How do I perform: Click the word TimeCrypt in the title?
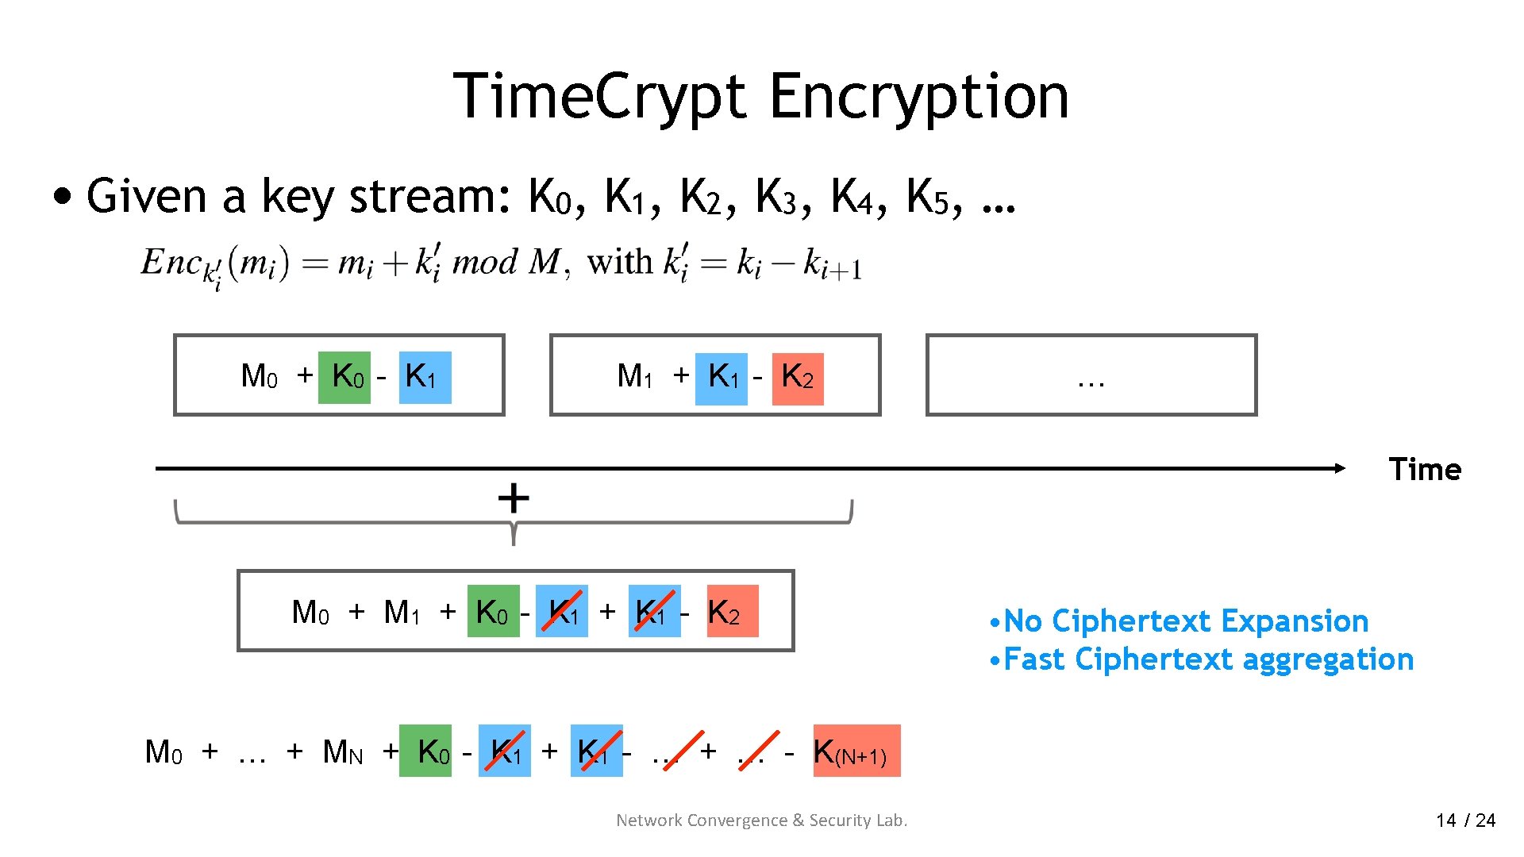click(x=599, y=97)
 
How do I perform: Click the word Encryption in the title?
click(x=918, y=97)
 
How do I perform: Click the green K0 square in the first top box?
click(x=344, y=377)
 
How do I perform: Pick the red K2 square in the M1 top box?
click(x=798, y=379)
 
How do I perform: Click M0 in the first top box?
click(x=260, y=376)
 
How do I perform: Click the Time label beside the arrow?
click(x=1425, y=469)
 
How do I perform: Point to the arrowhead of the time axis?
click(x=1340, y=468)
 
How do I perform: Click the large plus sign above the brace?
click(x=514, y=498)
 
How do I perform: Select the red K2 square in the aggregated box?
click(x=733, y=611)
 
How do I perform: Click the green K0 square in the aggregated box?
click(x=493, y=611)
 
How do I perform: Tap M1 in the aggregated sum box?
click(x=401, y=613)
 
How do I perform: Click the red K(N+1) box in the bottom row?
click(x=856, y=751)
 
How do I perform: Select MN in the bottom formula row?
click(x=343, y=751)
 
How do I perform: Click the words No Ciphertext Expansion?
click(x=1186, y=621)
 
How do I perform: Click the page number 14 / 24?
click(x=1465, y=820)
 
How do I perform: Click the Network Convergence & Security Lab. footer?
click(x=761, y=820)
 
